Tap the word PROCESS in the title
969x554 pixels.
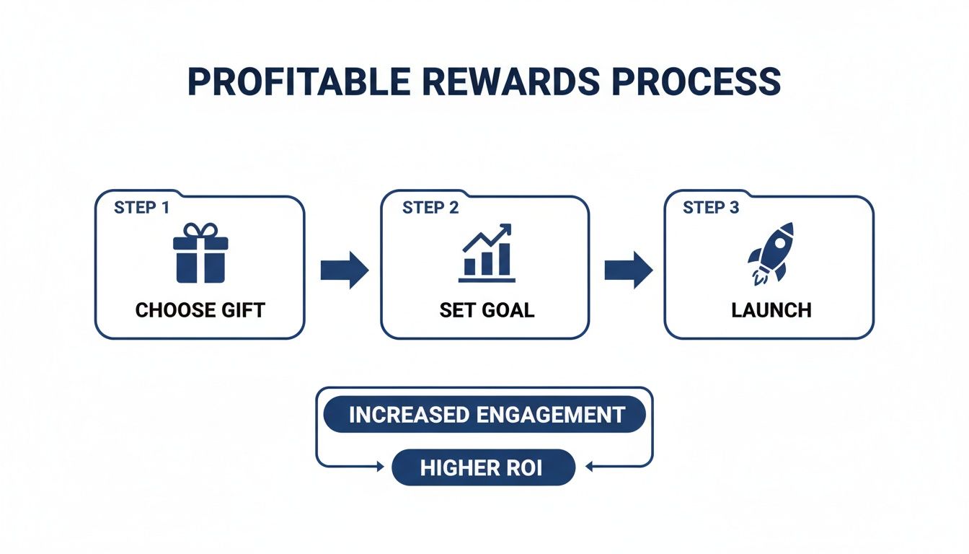[x=696, y=82]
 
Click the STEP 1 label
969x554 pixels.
[x=141, y=208]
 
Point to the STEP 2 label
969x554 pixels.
[x=430, y=208]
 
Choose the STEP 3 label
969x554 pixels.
[x=711, y=208]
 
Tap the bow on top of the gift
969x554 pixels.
[x=200, y=230]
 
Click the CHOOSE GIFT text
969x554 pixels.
[x=200, y=310]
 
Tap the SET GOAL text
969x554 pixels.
[x=487, y=310]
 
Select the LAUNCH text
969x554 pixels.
[x=771, y=310]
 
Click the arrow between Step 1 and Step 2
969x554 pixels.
[x=344, y=270]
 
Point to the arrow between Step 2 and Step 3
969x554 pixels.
[x=628, y=270]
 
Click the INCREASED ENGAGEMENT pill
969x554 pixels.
[x=484, y=415]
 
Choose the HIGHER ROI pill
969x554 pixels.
[x=483, y=468]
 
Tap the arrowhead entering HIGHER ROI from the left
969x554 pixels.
[x=381, y=467]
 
